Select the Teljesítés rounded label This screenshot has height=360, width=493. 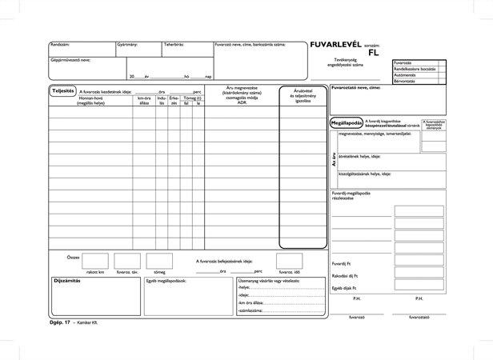click(62, 90)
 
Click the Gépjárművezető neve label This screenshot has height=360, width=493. click(70, 59)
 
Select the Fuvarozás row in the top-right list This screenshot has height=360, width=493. click(403, 62)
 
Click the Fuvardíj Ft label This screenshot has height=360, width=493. click(342, 262)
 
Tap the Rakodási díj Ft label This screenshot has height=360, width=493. click(343, 275)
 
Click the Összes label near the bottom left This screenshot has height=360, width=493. click(73, 257)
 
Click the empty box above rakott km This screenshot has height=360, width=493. click(94, 261)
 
